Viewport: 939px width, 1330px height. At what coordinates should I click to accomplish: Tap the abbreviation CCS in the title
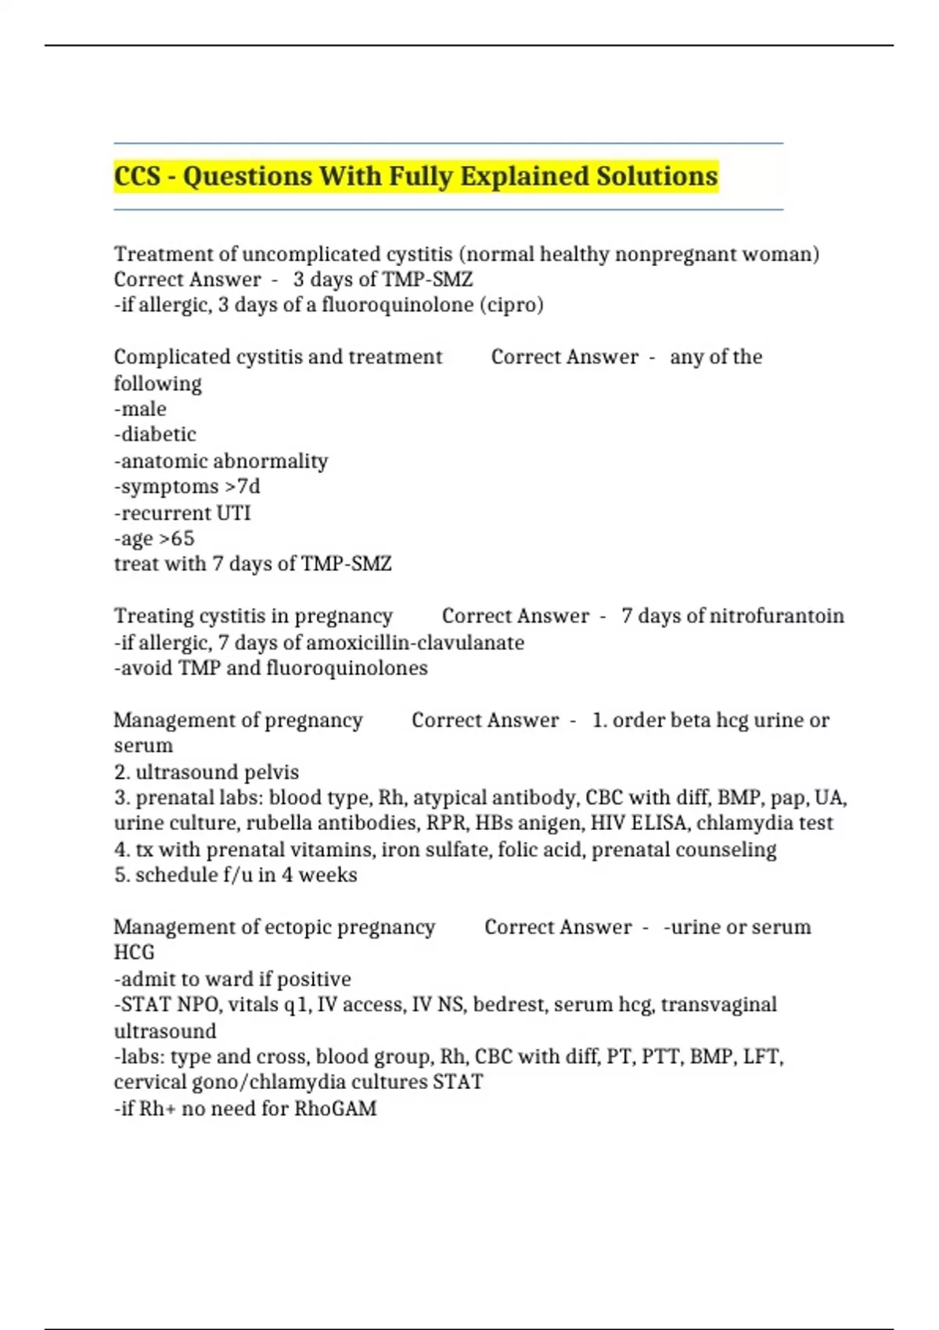tap(137, 177)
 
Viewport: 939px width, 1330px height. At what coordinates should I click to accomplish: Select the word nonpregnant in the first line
tap(667, 254)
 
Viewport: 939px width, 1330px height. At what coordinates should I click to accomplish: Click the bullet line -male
tap(140, 409)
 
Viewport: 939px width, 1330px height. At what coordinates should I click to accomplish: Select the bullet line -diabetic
tap(155, 435)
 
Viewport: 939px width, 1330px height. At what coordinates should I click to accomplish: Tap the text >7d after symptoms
tap(243, 487)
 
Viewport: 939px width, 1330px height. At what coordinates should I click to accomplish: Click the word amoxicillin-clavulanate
tap(415, 643)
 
